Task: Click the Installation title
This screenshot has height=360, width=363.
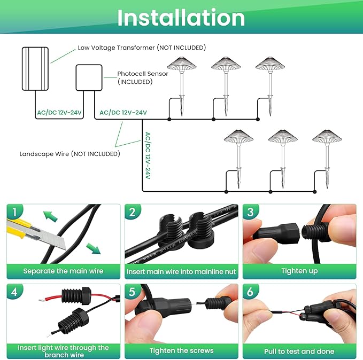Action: point(181,18)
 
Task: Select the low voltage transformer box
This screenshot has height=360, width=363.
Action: point(35,69)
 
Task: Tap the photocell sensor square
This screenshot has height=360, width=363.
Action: point(89,78)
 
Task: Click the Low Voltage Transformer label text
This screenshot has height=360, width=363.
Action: point(142,48)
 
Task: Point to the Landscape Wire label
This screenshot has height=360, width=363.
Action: point(69,154)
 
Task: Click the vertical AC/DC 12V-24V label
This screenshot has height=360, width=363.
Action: point(148,155)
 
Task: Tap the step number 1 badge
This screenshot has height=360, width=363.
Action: point(14,212)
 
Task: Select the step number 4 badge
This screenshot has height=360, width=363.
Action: point(14,292)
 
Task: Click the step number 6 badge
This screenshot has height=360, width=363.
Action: point(250,292)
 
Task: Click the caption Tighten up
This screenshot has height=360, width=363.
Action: point(299,271)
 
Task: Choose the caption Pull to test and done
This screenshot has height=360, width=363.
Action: point(299,351)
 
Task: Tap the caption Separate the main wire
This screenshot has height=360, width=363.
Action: point(63,271)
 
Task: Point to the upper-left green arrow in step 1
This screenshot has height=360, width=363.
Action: point(50,216)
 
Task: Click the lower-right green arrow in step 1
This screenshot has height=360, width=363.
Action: point(94,249)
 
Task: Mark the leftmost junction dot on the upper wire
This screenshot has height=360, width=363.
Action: point(169,120)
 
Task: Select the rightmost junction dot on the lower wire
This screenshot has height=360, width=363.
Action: point(314,192)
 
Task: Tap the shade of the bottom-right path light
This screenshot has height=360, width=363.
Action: point(327,136)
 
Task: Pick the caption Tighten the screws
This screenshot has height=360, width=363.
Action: point(182,350)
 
